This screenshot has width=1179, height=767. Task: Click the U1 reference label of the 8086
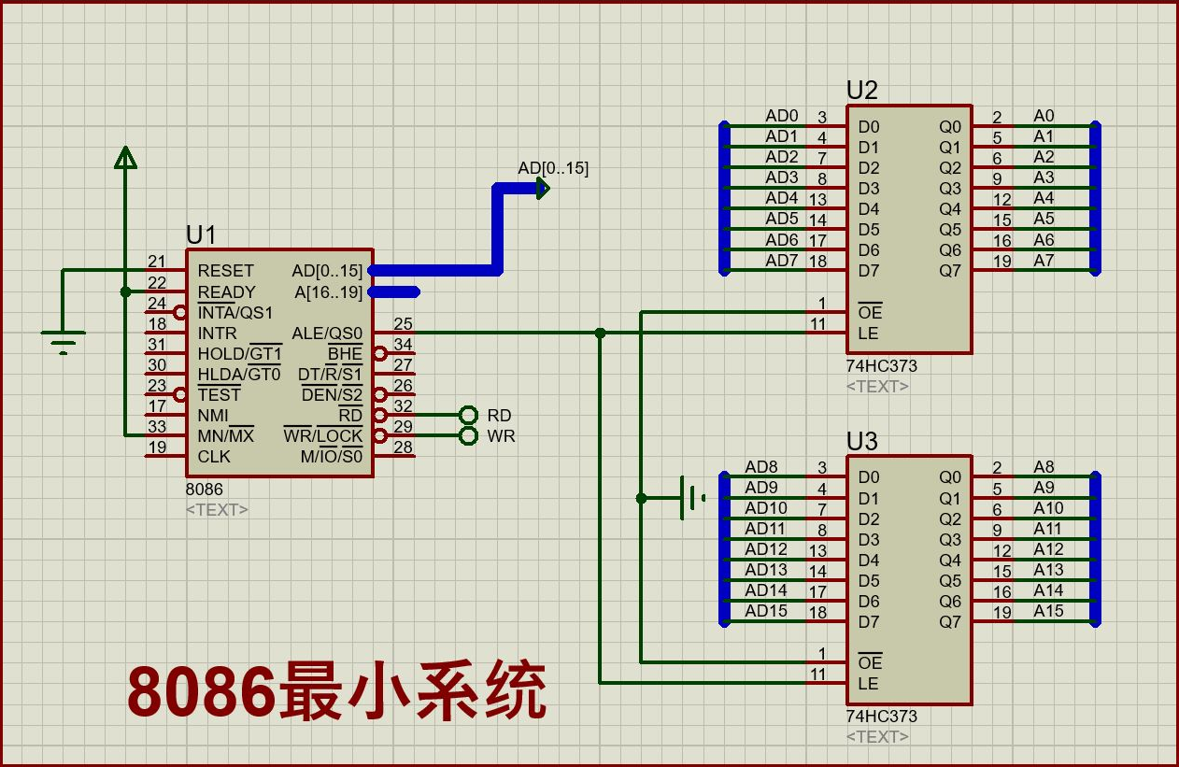click(201, 234)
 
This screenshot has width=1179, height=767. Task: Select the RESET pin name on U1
click(225, 271)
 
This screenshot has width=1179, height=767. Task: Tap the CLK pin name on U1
click(214, 457)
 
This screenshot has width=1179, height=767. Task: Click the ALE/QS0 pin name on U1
click(327, 333)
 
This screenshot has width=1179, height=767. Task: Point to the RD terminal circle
click(469, 415)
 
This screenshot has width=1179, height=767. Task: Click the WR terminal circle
click(469, 436)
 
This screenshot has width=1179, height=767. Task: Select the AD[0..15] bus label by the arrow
click(553, 168)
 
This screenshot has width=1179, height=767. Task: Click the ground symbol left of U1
click(63, 343)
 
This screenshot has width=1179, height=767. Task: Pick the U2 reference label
click(861, 91)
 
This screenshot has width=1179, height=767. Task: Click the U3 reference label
click(861, 441)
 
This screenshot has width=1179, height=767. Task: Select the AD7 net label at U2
click(782, 261)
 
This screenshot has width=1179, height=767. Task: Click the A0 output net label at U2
click(1044, 116)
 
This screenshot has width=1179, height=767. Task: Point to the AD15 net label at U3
click(766, 611)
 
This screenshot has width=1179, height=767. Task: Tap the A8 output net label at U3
click(1044, 466)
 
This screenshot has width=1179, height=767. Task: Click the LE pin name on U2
click(868, 334)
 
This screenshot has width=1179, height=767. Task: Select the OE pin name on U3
click(869, 663)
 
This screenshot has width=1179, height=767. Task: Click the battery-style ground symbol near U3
click(691, 497)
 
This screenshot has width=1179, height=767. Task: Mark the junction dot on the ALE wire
click(600, 333)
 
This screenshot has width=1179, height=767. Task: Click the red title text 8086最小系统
click(336, 691)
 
